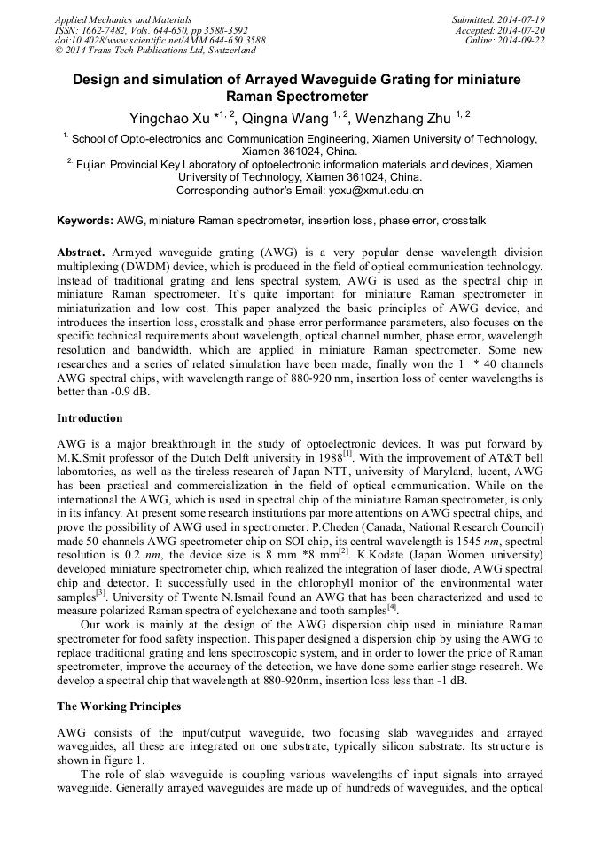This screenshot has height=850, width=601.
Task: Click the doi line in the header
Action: [x=160, y=40]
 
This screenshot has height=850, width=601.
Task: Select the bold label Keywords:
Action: [x=85, y=220]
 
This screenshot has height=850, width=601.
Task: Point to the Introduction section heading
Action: [x=90, y=417]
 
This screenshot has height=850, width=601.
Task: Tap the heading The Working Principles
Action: [x=119, y=706]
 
